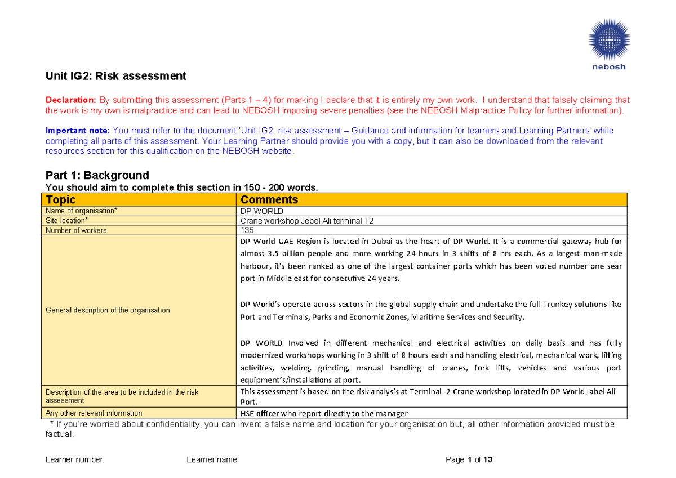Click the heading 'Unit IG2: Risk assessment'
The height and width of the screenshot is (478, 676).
pos(115,75)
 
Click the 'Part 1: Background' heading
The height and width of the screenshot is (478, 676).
pos(97,175)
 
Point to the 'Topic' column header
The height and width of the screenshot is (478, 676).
pos(60,199)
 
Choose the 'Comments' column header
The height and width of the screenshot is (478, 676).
pos(269,199)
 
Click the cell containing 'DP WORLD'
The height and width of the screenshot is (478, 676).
pos(261,211)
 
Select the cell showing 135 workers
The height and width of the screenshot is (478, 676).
pos(247,230)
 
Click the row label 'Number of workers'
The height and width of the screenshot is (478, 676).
pos(76,230)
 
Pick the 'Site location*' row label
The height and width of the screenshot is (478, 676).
pos(66,221)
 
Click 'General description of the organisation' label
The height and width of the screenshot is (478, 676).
pos(108,310)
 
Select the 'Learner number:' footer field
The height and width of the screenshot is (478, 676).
pos(75,460)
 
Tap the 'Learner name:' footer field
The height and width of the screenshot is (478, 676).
pos(212,460)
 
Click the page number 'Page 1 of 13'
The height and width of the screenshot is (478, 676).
pos(469,460)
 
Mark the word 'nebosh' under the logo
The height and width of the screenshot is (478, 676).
pos(608,66)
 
